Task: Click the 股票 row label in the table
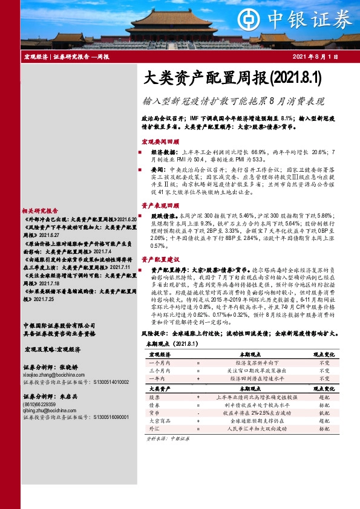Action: pos(154,397)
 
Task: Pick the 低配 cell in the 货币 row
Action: pos(324,412)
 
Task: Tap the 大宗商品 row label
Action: pos(157,420)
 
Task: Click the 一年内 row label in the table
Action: pos(155,378)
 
